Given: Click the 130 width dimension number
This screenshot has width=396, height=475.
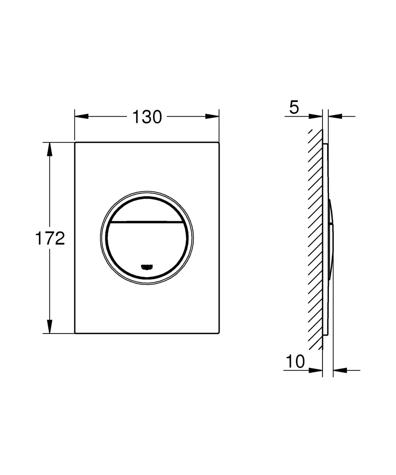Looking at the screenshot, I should [x=147, y=117].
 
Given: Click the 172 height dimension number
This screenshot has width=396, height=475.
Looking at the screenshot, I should [x=50, y=238].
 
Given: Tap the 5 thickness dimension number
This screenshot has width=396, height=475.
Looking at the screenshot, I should [x=294, y=108].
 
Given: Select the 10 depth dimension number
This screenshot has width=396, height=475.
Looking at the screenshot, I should [x=295, y=361].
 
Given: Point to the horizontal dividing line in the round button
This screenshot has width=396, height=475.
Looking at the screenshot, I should [x=147, y=221].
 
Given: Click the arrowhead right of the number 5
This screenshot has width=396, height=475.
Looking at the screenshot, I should [x=315, y=116].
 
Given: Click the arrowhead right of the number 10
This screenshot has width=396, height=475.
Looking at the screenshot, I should [x=315, y=370].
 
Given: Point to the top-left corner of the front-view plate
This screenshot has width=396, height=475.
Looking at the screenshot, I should [x=76, y=143].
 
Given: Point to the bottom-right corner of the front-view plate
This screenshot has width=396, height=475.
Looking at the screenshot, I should [x=219, y=333].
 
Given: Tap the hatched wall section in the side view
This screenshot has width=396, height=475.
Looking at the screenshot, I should [x=316, y=238].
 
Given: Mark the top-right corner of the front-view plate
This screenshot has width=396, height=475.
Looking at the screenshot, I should [x=219, y=143].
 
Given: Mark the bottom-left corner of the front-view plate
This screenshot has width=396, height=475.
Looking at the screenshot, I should [x=76, y=333].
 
